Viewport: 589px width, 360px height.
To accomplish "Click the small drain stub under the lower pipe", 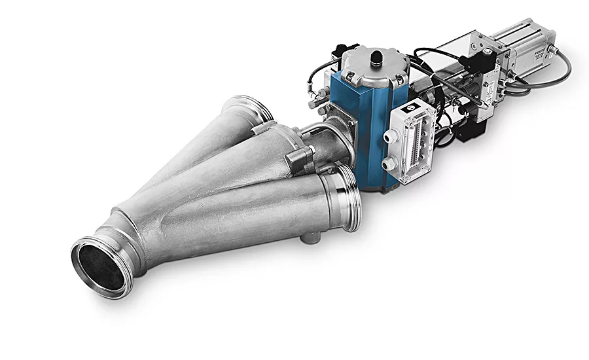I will pos(313,236).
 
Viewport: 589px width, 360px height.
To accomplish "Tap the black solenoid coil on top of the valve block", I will pos(484,63).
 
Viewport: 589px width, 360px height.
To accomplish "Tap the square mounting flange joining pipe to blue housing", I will pos(340,134).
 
